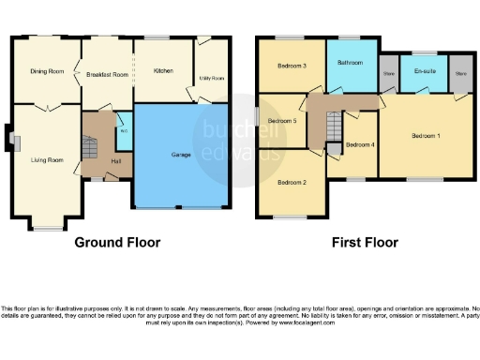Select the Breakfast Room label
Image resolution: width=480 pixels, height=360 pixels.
point(107,74)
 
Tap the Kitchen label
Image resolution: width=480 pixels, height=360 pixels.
point(163,70)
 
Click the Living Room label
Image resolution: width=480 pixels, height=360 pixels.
point(47,160)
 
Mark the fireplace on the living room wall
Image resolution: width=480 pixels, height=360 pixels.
point(12,141)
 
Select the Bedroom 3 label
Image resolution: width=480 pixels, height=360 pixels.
point(292,67)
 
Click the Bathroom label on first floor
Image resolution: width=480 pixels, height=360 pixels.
point(352,63)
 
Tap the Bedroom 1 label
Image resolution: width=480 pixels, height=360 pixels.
point(427,137)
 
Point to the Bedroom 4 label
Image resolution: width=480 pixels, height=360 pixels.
point(360,144)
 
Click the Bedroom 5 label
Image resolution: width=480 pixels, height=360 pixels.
point(282,122)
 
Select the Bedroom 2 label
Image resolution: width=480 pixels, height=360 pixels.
point(292,183)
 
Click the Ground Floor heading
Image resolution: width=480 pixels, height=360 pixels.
point(117,242)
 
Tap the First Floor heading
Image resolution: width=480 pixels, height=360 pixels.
point(365,242)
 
